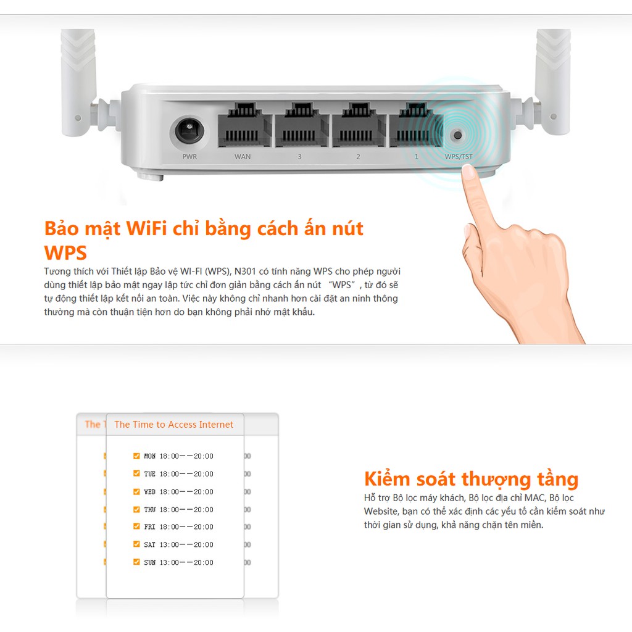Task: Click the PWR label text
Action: (189, 157)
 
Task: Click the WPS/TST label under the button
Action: (459, 157)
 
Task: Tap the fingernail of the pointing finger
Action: (469, 172)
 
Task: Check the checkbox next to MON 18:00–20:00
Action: (136, 456)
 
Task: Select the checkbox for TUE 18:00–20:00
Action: (136, 473)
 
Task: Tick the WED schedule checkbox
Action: (136, 491)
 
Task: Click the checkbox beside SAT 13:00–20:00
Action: (136, 544)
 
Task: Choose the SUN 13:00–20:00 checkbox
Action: (136, 562)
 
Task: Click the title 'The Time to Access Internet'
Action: (174, 425)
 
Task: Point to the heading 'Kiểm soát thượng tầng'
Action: (471, 479)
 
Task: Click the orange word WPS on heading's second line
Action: (65, 253)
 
